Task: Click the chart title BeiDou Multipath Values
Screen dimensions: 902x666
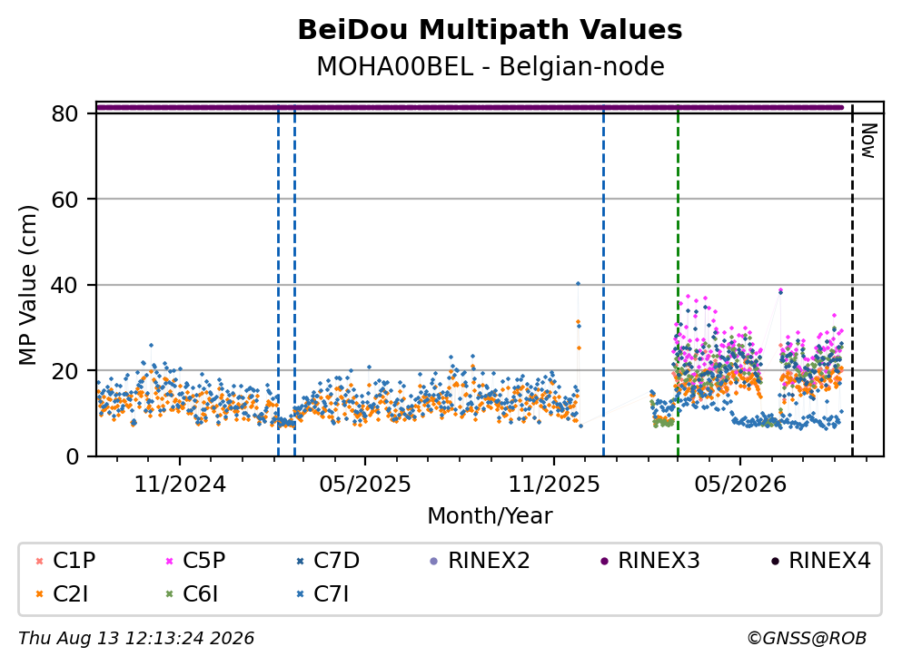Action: (490, 30)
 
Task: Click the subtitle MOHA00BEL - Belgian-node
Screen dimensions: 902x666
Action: (491, 66)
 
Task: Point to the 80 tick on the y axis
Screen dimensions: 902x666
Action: (64, 113)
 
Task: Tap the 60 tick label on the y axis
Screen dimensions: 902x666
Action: (64, 200)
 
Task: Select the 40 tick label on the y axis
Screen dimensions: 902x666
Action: (64, 285)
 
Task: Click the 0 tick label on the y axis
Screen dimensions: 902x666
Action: (72, 456)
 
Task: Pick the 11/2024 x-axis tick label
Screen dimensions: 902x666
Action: (180, 485)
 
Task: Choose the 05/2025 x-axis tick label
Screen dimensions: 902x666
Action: (365, 485)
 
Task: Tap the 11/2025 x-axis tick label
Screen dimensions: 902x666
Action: (554, 485)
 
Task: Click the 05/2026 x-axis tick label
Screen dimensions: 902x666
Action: (739, 485)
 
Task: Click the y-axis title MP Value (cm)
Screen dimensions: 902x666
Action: (27, 285)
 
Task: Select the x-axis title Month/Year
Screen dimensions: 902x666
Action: (490, 516)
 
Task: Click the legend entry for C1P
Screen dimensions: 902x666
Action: (65, 560)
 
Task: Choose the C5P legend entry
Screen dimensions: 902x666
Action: (195, 560)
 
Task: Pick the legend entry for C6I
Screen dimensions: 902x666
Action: (192, 594)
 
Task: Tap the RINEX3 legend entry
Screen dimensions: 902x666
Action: (650, 560)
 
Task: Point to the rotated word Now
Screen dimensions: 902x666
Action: (868, 141)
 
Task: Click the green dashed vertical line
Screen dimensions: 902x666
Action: (678, 281)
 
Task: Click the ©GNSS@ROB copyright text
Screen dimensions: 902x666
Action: (807, 638)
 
